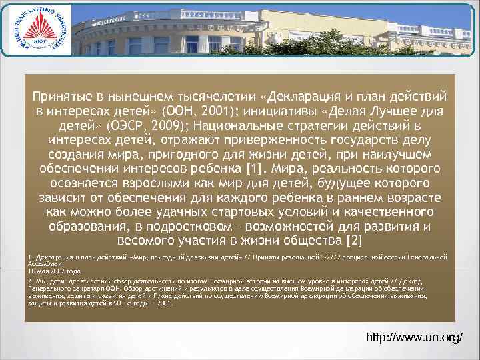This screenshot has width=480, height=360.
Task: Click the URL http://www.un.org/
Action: pos(415,338)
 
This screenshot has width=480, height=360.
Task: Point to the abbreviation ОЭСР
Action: pos(147,125)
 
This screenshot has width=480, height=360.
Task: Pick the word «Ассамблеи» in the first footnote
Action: pos(41,263)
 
